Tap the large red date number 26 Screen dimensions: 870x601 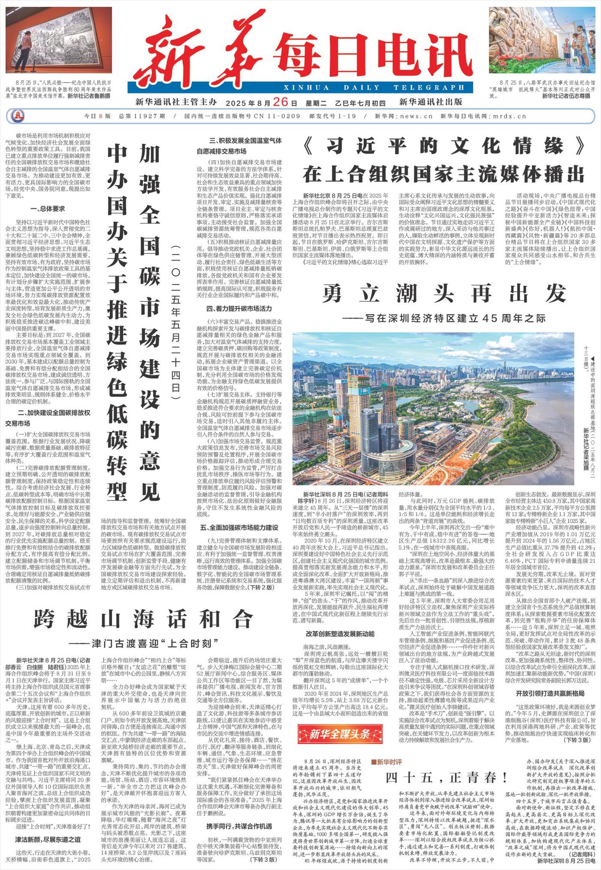pos(280,102)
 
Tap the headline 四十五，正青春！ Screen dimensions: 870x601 pos(446,778)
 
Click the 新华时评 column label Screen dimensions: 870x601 pos(386,762)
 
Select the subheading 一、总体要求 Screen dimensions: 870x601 pos(47,209)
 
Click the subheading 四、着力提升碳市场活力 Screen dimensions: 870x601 pos(239,309)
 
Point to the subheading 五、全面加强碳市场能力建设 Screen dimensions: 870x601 pos(239,527)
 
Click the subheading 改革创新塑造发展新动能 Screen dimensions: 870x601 pos(340,634)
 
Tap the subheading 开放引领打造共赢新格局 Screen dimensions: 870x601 pos(550,693)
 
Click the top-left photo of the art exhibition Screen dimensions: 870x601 pos(58,40)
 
